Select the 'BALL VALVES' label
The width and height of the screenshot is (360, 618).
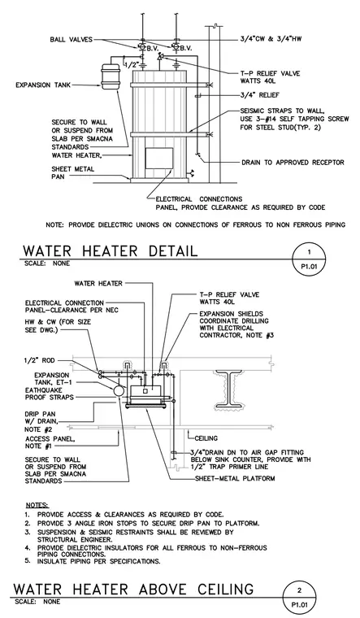(x=72, y=39)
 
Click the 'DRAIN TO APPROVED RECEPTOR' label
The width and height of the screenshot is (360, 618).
(x=293, y=163)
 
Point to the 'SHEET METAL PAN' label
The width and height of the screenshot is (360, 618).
(x=73, y=172)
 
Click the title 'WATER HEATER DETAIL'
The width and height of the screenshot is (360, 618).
(x=110, y=250)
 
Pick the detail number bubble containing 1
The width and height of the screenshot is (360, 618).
(x=309, y=259)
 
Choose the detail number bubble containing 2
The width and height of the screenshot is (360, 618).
(x=300, y=597)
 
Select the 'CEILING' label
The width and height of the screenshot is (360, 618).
(x=206, y=438)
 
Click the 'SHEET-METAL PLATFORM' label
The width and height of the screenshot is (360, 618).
(x=235, y=478)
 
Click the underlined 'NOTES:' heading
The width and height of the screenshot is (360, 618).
(x=38, y=505)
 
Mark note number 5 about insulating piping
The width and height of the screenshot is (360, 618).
(x=93, y=561)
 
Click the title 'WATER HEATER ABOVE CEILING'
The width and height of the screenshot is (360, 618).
(x=133, y=590)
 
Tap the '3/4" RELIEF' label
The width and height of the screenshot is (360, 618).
(x=259, y=95)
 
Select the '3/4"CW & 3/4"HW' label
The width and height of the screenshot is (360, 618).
(x=271, y=39)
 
